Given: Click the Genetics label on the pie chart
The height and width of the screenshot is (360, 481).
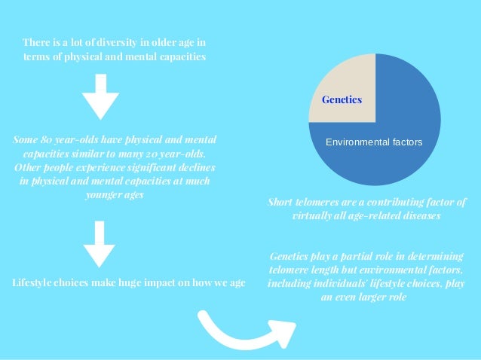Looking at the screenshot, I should [342, 99].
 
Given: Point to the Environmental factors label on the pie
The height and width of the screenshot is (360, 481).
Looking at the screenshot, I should [373, 142].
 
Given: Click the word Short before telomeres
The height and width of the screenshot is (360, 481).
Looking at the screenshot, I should [282, 202].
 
